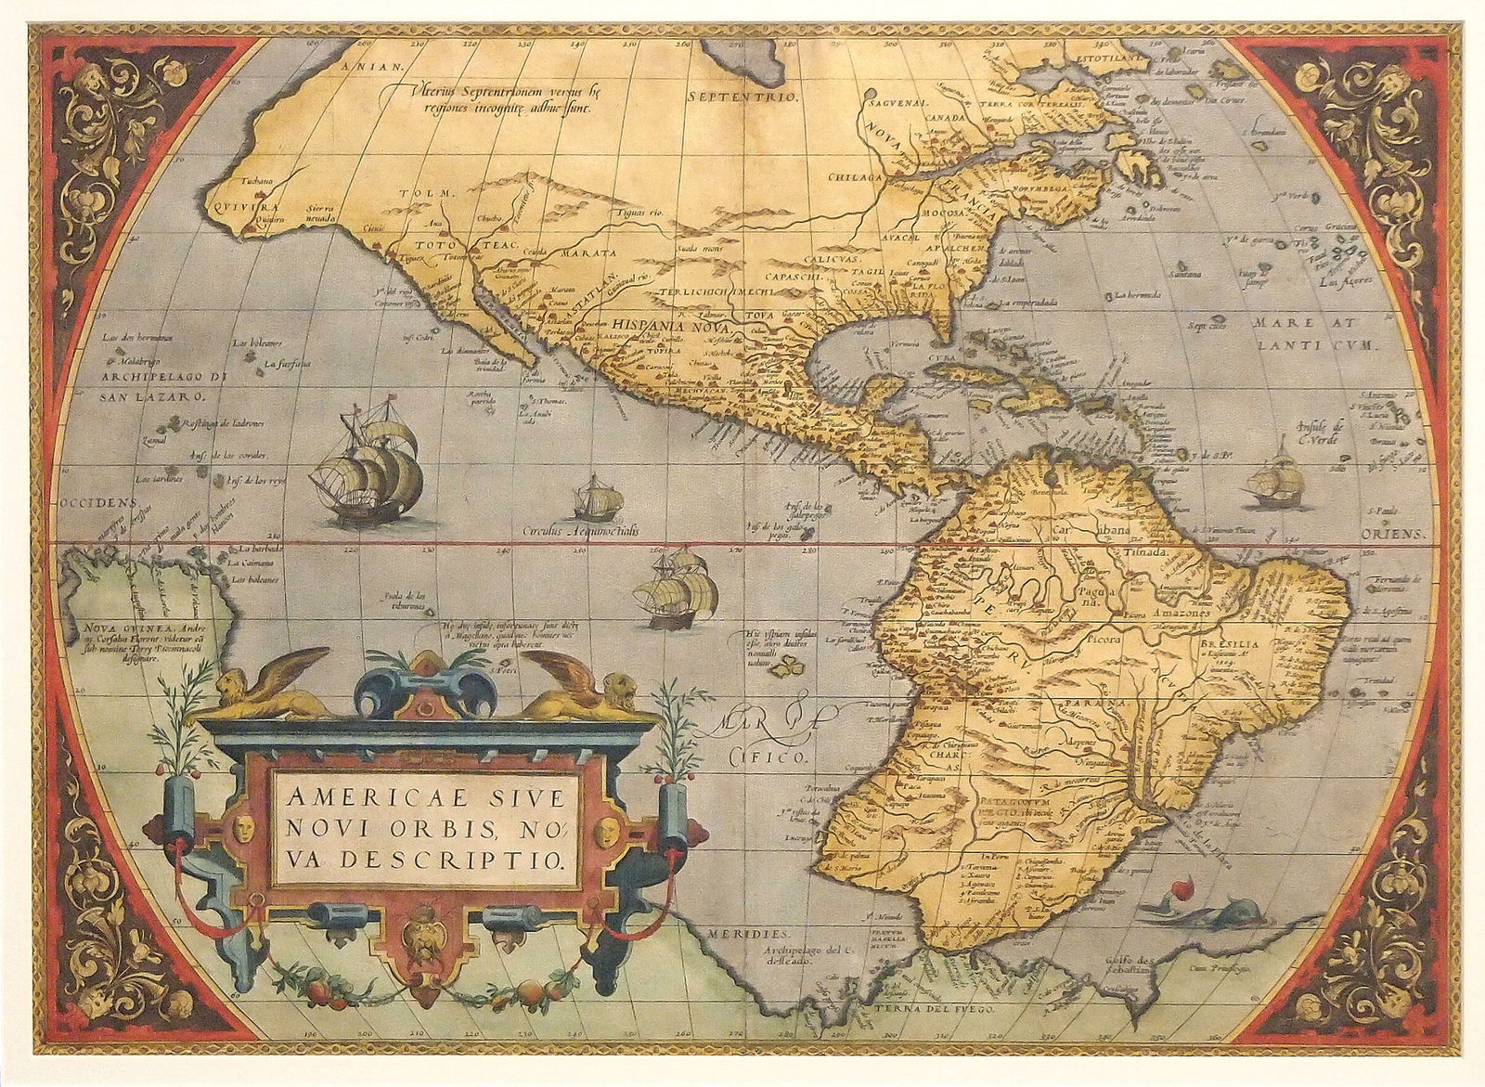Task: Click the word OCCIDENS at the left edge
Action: coord(90,502)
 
